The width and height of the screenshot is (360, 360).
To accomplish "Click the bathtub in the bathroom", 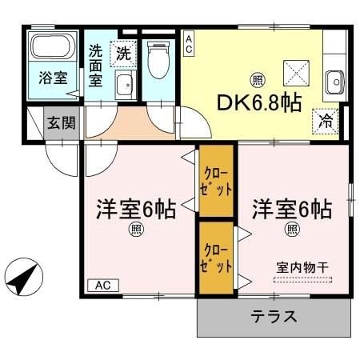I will [x=53, y=49].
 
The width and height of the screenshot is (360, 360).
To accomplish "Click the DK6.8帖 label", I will [x=258, y=102].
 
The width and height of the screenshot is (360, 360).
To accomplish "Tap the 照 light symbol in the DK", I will [x=256, y=79].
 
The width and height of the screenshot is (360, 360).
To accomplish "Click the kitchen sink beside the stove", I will [x=334, y=81].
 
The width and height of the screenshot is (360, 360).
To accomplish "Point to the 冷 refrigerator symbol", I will [x=326, y=121].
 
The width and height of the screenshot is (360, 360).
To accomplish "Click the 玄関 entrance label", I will [x=62, y=124].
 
